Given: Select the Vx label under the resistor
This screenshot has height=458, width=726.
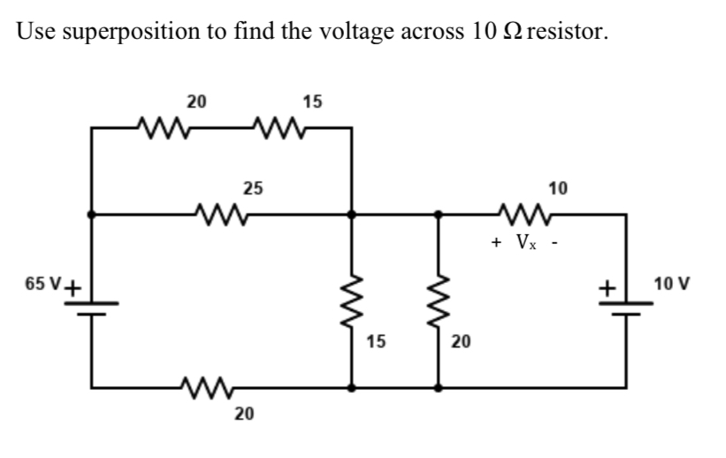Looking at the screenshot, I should click(525, 241).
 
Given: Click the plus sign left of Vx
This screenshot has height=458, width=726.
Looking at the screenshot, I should click(498, 240).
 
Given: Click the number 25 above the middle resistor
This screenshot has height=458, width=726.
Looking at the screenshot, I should click(253, 187).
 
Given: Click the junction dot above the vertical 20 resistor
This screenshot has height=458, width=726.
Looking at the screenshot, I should click(438, 213).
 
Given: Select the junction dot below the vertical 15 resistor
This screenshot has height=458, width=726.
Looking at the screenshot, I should click(353, 387).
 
